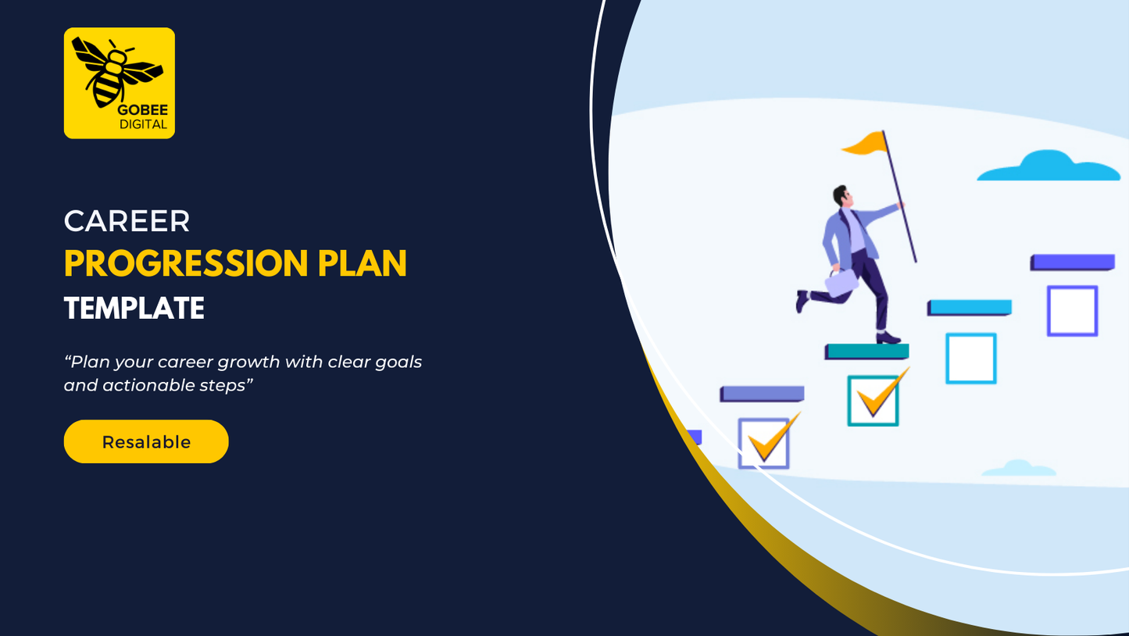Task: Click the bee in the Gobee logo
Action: [x=117, y=72]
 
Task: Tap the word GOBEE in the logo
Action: [x=143, y=110]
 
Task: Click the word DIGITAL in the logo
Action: [x=143, y=124]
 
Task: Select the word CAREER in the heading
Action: [x=127, y=221]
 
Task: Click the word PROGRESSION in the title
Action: [x=186, y=263]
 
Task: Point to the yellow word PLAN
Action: [x=362, y=263]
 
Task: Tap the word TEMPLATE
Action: [x=134, y=308]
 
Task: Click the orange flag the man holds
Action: [x=866, y=143]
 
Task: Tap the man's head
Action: [x=841, y=195]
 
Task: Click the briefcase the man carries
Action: [x=841, y=282]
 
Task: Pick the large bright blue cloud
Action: [x=1049, y=166]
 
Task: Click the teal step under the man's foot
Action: [x=867, y=352]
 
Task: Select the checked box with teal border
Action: [x=873, y=401]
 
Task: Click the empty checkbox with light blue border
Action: [x=970, y=359]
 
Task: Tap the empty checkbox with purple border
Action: [x=1073, y=311]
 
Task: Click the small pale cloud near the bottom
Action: [x=1019, y=468]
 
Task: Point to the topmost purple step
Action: [x=1073, y=263]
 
